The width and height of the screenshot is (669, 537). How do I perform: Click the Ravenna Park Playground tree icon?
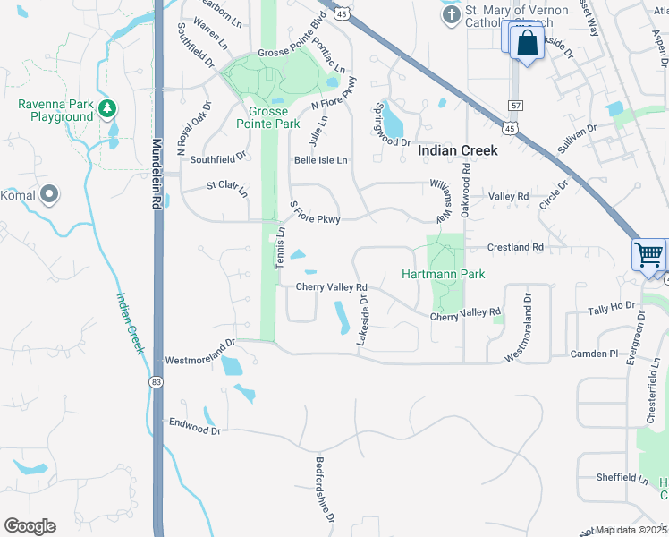point(107,108)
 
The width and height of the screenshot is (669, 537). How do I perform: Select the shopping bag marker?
point(528,43)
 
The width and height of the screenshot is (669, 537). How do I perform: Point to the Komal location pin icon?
point(50,193)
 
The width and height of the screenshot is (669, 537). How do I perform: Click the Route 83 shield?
point(158,382)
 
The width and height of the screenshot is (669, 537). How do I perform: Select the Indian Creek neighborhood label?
point(458,151)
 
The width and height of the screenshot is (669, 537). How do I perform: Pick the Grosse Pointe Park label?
point(268,118)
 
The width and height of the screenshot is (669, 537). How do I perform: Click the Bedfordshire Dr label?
point(325,490)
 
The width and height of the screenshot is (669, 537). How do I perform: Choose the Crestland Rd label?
point(515,247)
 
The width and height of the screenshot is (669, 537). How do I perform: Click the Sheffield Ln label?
point(622,478)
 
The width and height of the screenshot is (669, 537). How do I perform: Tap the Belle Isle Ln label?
point(320,160)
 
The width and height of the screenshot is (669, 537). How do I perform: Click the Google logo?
point(30,526)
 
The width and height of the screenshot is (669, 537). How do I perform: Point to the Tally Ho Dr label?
point(611,309)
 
